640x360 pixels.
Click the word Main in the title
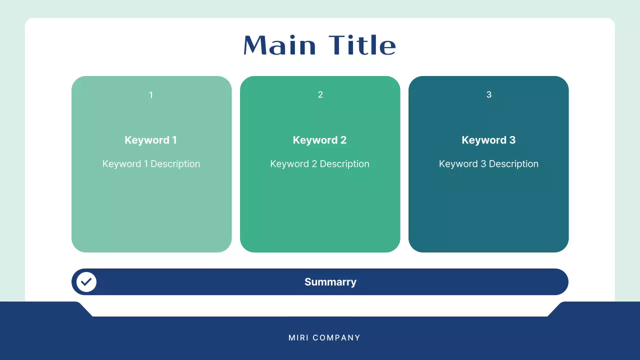pos(279,45)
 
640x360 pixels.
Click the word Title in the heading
pos(362,45)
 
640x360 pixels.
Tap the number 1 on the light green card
pos(151,95)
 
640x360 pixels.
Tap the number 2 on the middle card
pos(320,95)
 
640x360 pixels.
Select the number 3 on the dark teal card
pos(489,95)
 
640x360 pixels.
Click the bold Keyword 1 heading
pos(150,140)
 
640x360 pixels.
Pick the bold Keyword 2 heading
pos(319,140)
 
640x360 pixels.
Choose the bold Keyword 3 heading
pos(488,140)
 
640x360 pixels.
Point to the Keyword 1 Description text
pos(151,164)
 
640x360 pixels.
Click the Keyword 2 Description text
pos(319,164)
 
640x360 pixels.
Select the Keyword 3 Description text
pos(488,164)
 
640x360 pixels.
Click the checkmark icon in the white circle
pos(86,282)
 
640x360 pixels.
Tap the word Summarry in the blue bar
pos(330,282)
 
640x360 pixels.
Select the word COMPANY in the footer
pos(336,338)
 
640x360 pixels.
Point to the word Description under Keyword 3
pos(513,164)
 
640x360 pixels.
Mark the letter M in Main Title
pos(254,45)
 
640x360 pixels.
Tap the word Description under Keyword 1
pos(175,164)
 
